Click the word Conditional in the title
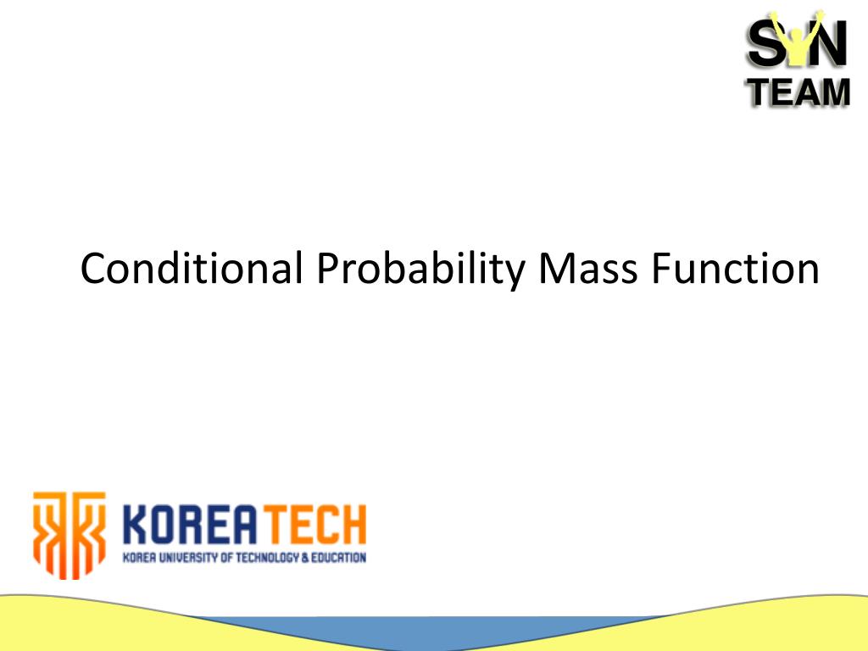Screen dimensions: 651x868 [x=192, y=269]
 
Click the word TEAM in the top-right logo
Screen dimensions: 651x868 [x=798, y=91]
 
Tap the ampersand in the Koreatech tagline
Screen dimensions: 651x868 [x=305, y=558]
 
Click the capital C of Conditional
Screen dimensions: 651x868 [x=93, y=269]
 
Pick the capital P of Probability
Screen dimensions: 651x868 [x=327, y=269]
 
